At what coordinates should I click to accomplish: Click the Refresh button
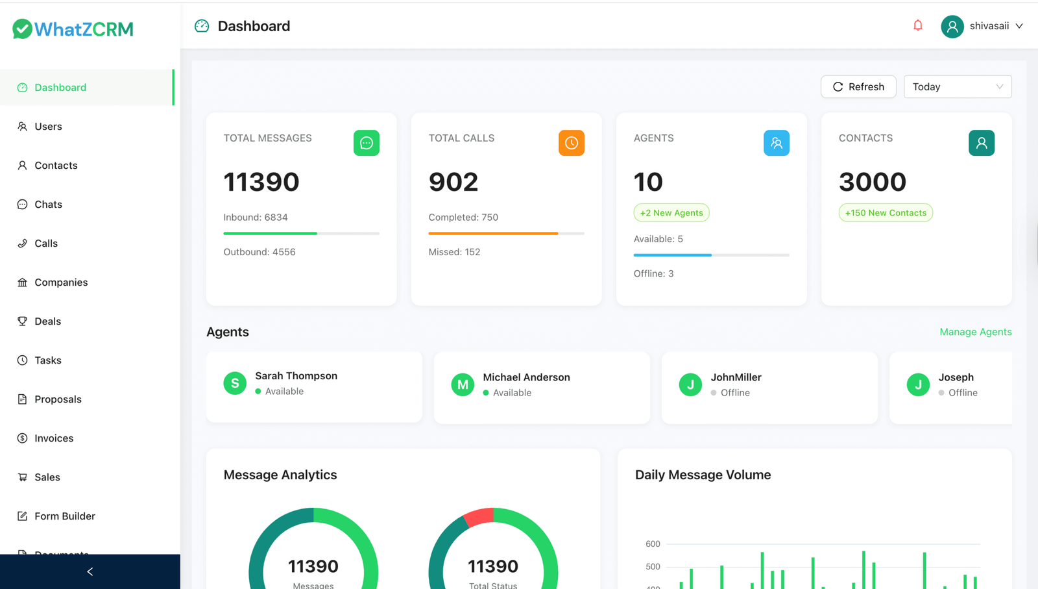point(858,87)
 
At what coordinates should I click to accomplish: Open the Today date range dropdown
point(957,87)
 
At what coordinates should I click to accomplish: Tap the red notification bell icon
point(918,26)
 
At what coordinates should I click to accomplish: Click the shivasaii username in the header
point(989,26)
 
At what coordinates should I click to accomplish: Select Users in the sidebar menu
point(48,127)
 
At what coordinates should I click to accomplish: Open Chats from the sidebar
point(48,205)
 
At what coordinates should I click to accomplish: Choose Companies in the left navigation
point(61,282)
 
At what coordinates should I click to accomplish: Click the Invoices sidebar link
point(54,438)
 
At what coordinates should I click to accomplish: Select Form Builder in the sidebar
point(65,516)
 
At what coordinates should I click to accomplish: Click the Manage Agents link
point(975,332)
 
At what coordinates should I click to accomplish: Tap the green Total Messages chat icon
point(367,143)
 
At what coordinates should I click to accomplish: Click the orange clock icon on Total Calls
point(572,143)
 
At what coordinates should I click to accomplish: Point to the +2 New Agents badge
point(671,213)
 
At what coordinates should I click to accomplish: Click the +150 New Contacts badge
point(886,213)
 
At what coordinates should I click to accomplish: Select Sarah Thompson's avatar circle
point(235,384)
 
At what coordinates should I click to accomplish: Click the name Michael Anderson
point(526,377)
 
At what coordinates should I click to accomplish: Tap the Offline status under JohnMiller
point(734,393)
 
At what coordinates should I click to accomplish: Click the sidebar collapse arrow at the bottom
point(90,571)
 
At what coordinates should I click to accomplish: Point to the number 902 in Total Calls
point(453,182)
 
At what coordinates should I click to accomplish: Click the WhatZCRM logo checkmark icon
point(22,29)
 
